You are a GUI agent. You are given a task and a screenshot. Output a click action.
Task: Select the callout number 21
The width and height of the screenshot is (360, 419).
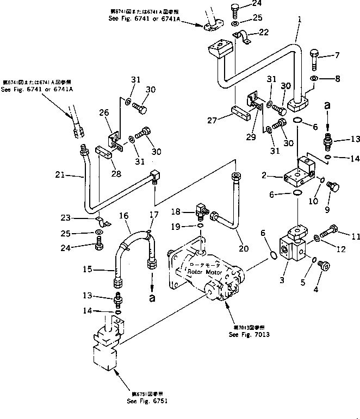pyautogui.click(x=60, y=175)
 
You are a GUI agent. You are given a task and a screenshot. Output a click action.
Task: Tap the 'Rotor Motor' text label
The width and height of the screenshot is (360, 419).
pyautogui.click(x=202, y=270)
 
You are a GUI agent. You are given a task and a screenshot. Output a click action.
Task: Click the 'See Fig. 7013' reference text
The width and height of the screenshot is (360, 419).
pyautogui.click(x=246, y=334)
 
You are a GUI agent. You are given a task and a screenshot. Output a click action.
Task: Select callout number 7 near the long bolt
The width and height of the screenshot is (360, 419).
pyautogui.click(x=337, y=55)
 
